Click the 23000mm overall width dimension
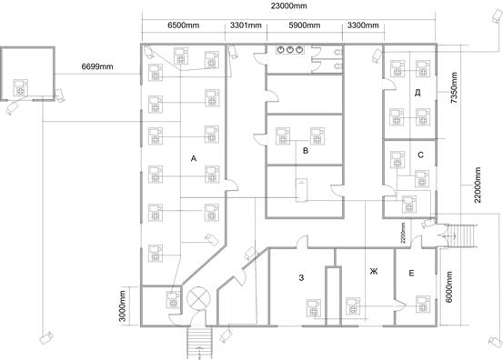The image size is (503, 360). pos(288,5)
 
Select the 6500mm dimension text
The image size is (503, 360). pos(183,25)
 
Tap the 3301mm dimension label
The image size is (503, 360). pos(246,25)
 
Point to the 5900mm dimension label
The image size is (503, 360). pos(305,25)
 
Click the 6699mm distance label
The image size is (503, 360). pos(97,66)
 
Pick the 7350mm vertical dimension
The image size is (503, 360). pos(454,87)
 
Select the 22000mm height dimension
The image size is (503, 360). pos(478,185)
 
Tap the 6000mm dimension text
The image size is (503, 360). pos(449,286)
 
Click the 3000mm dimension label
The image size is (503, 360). pos(123,305)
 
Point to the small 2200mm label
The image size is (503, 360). pos(403,233)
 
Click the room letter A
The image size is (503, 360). pos(194,158)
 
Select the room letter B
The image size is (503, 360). pos(306,150)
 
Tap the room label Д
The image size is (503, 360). pos(417,93)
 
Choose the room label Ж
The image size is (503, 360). pos(374,272)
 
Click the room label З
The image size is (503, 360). pos(301,277)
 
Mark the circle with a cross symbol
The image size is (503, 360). pos(198,298)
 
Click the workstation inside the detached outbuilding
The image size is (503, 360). pos(21,87)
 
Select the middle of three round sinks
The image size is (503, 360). pos(290,50)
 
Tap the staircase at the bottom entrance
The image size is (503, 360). pos(199,343)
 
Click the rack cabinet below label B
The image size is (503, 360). pos(301,190)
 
